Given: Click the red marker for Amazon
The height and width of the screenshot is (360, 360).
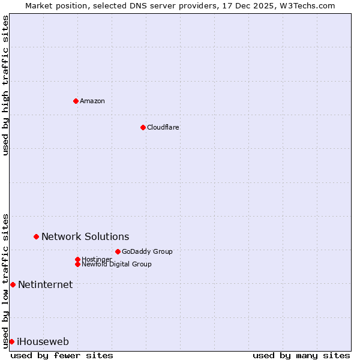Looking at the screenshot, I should pyautogui.click(x=76, y=101).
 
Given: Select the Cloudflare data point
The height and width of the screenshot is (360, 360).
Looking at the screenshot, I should pyautogui.click(x=143, y=127).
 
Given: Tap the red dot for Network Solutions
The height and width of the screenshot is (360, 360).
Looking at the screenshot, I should pyautogui.click(x=36, y=237).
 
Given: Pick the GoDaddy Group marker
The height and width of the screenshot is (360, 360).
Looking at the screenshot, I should pyautogui.click(x=118, y=251).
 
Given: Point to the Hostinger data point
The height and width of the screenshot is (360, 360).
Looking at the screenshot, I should pyautogui.click(x=77, y=259).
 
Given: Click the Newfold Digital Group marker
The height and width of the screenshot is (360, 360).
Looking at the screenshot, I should pyautogui.click(x=77, y=264).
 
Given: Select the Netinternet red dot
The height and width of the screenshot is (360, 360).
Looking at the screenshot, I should pyautogui.click(x=13, y=284).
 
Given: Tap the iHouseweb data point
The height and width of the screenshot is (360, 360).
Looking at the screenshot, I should pyautogui.click(x=11, y=341).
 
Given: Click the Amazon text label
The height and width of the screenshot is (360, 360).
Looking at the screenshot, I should pyautogui.click(x=92, y=101).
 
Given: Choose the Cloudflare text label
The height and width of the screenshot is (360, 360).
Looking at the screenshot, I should pyautogui.click(x=163, y=127).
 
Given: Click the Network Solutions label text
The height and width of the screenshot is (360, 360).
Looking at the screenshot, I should pyautogui.click(x=85, y=237).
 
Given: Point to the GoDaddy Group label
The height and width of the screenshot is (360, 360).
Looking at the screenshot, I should pyautogui.click(x=147, y=251).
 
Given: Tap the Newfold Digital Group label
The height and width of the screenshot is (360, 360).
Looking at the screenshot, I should pyautogui.click(x=117, y=264).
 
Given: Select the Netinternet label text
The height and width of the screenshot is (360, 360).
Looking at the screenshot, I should pyautogui.click(x=46, y=284).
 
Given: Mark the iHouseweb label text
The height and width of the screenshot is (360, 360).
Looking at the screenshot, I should pyautogui.click(x=43, y=342).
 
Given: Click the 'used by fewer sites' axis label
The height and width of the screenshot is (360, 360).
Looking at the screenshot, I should pyautogui.click(x=62, y=355).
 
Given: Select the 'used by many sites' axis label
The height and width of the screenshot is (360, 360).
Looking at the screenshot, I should pyautogui.click(x=301, y=355).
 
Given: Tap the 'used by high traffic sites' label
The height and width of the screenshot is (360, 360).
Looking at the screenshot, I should pyautogui.click(x=5, y=85).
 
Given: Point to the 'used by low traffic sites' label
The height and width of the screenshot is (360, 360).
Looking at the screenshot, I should pyautogui.click(x=5, y=281).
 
